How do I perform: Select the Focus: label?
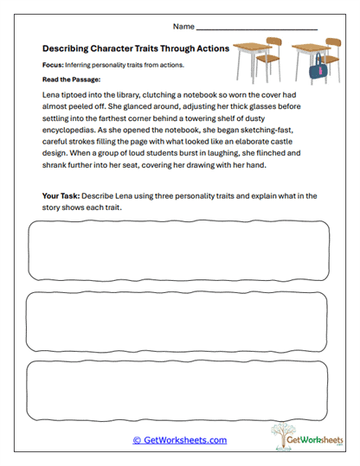(54, 66)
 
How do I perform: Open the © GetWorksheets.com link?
(179, 440)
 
